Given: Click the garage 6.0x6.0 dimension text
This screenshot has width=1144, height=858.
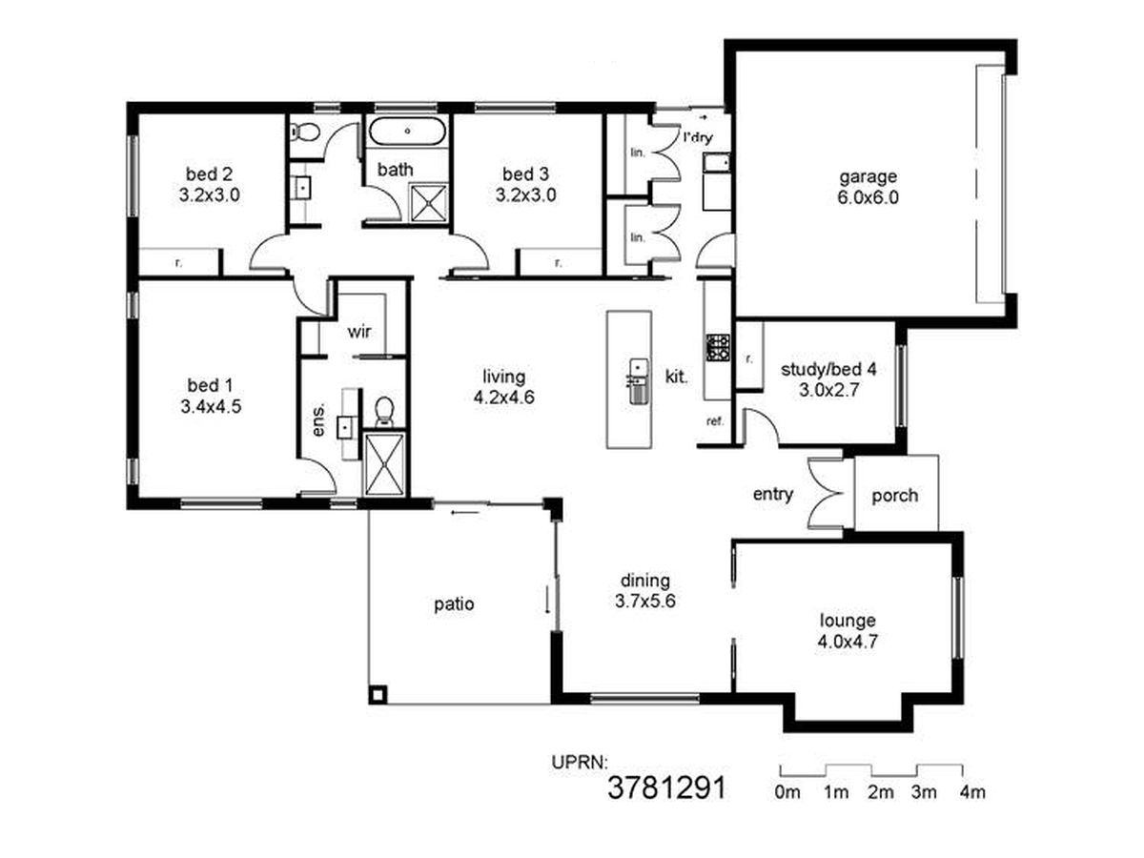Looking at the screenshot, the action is tap(868, 198).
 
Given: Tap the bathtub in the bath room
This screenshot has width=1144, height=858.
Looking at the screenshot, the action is tap(408, 131).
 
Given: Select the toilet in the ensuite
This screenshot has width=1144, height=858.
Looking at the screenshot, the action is tap(384, 412).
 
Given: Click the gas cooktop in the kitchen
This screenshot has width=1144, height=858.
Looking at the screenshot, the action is tap(718, 347).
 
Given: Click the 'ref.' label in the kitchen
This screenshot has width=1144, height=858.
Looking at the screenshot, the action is tap(715, 421).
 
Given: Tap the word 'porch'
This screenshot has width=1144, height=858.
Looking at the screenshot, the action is tap(895, 496).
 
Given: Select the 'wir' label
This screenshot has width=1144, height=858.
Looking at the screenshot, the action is tap(359, 332).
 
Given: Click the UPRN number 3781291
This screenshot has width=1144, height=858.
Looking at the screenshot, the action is tap(666, 788).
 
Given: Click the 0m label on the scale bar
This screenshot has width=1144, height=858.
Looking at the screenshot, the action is tap(787, 792).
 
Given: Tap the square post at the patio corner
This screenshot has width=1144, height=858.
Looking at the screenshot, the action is tap(378, 694).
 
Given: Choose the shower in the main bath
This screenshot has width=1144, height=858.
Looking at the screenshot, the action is tap(428, 202).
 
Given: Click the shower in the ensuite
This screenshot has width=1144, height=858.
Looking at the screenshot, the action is tap(384, 463).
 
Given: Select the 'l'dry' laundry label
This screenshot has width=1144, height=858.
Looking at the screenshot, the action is tap(698, 138).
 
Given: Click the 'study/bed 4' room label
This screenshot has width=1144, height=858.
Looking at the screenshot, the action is tap(828, 370).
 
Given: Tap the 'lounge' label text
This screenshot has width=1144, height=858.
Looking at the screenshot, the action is tap(848, 621).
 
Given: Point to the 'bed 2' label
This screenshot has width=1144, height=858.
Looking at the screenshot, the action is tap(210, 174).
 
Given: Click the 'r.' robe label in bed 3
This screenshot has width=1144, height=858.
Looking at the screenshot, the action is tap(559, 262).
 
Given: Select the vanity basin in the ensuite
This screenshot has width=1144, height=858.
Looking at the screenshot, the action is tap(345, 427).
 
